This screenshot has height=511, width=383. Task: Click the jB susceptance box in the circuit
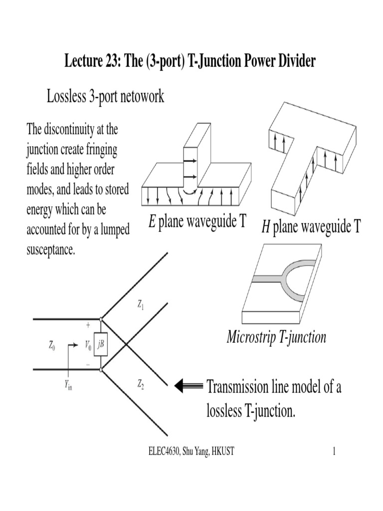[101, 344]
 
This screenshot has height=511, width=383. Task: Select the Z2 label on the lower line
[141, 384]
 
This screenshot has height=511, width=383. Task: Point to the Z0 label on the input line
[52, 345]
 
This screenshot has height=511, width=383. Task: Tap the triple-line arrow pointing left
[189, 386]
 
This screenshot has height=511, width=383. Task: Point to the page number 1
[334, 452]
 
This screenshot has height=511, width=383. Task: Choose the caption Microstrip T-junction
[276, 337]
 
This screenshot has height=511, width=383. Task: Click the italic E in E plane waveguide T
[152, 222]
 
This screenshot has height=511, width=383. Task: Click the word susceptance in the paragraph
[50, 250]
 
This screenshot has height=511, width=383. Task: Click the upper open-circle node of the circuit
[101, 318]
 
